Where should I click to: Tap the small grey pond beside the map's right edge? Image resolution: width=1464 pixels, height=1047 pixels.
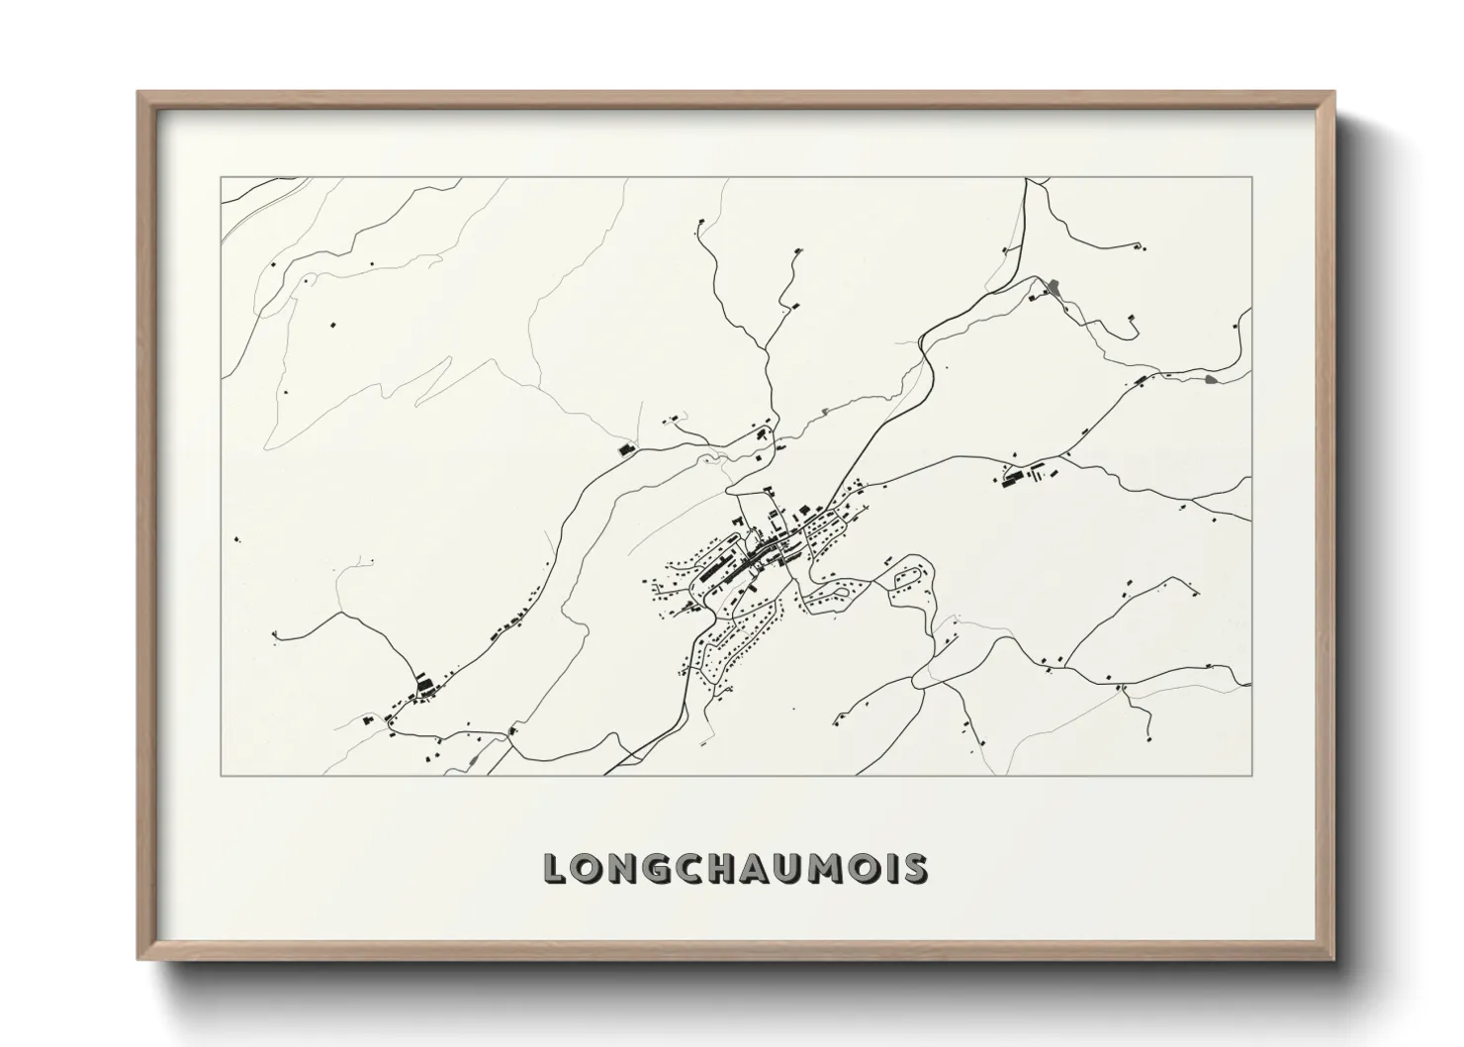[x=1214, y=378]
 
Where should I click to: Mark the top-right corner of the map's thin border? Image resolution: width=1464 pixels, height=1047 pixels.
[x=1251, y=178]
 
